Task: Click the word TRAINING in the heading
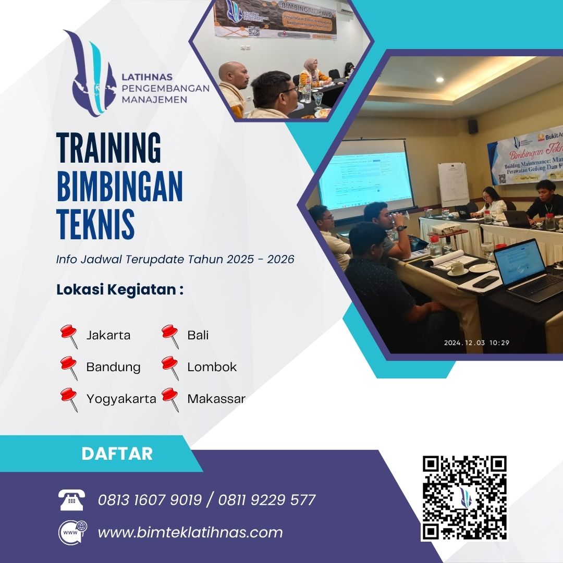(108, 149)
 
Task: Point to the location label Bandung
(113, 367)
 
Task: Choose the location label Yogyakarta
(121, 399)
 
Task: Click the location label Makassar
(216, 399)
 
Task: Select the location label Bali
(198, 335)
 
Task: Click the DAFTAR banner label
(117, 454)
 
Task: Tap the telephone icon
(71, 500)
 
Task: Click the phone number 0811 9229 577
(267, 500)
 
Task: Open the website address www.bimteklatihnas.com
(190, 532)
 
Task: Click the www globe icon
(72, 532)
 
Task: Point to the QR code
(464, 498)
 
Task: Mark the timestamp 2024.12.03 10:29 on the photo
(476, 342)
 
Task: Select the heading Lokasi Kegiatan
(119, 290)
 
